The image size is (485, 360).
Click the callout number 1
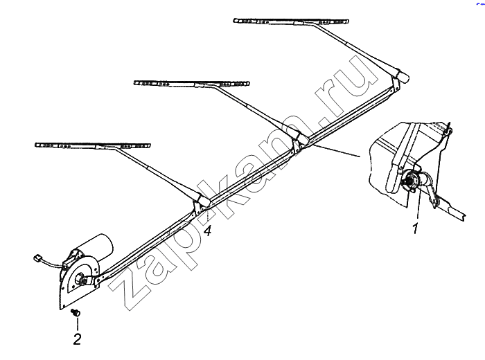point(415,228)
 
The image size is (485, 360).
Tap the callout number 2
point(77,339)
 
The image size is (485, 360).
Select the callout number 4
point(208,231)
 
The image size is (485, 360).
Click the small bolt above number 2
point(75,312)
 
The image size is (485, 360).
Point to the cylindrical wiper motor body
point(94,245)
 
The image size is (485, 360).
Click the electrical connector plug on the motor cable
point(37,258)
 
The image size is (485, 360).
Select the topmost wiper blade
point(291,21)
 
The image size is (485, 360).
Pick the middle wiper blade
point(191,84)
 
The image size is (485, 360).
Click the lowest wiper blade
point(92,145)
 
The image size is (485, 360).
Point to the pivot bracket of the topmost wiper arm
point(396,84)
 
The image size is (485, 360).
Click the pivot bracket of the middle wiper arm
point(297,145)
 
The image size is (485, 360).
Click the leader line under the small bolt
point(77,323)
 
